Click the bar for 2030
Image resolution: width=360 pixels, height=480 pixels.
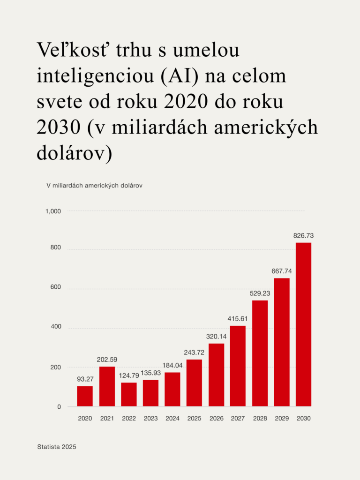pyautogui.click(x=304, y=324)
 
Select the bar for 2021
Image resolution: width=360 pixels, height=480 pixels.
pyautogui.click(x=107, y=386)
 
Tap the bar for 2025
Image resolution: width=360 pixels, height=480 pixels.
pyautogui.click(x=194, y=383)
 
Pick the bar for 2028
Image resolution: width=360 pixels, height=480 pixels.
pyautogui.click(x=260, y=353)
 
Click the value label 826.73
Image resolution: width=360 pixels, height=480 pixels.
pyautogui.click(x=303, y=235)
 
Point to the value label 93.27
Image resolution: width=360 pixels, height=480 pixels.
pyautogui.click(x=85, y=379)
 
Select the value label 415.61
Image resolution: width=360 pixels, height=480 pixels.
pyautogui.click(x=238, y=319)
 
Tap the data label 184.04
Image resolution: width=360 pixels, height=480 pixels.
pyautogui.click(x=172, y=366)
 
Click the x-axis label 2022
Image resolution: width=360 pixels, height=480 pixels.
pyautogui.click(x=129, y=418)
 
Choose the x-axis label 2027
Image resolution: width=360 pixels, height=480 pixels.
pyautogui.click(x=238, y=418)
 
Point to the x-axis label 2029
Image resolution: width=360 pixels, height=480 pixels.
pyautogui.click(x=282, y=418)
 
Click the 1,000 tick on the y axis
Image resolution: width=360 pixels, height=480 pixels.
pyautogui.click(x=53, y=211)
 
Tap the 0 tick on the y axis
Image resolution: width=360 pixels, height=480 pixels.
pyautogui.click(x=59, y=407)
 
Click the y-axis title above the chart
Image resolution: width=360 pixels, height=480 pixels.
pyautogui.click(x=94, y=185)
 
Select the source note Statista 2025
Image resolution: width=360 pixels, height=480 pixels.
pyautogui.click(x=56, y=447)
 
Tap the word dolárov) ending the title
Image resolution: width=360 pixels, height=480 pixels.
pyautogui.click(x=75, y=153)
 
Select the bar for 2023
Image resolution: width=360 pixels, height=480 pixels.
pyautogui.click(x=150, y=393)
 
